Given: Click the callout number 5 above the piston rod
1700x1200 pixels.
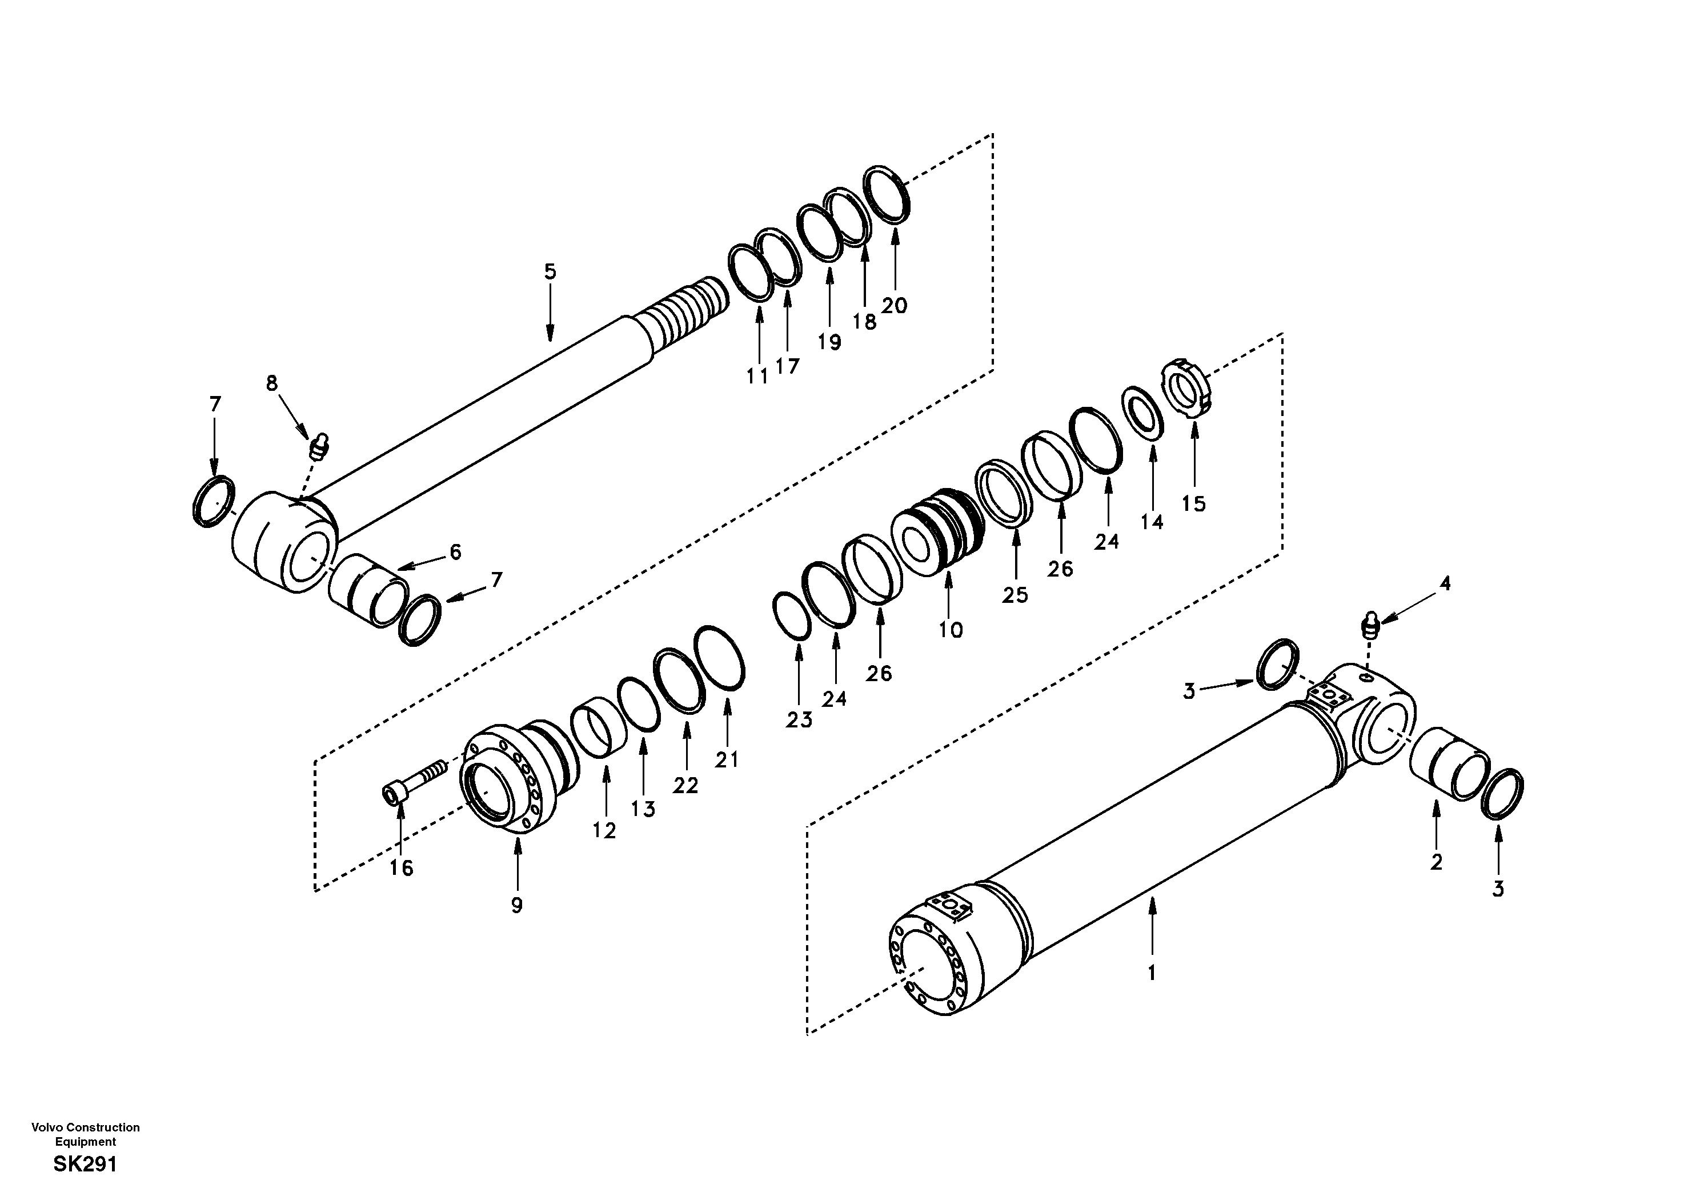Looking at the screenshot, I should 550,272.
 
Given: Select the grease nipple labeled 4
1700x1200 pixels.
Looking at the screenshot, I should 1370,626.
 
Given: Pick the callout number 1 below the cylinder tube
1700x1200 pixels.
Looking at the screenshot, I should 1152,973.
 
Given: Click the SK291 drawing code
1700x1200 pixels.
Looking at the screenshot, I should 85,1165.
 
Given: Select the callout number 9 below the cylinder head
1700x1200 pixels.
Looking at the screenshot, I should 517,905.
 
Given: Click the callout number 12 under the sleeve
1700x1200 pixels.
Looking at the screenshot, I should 604,831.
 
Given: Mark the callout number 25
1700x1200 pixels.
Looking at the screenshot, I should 1015,595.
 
